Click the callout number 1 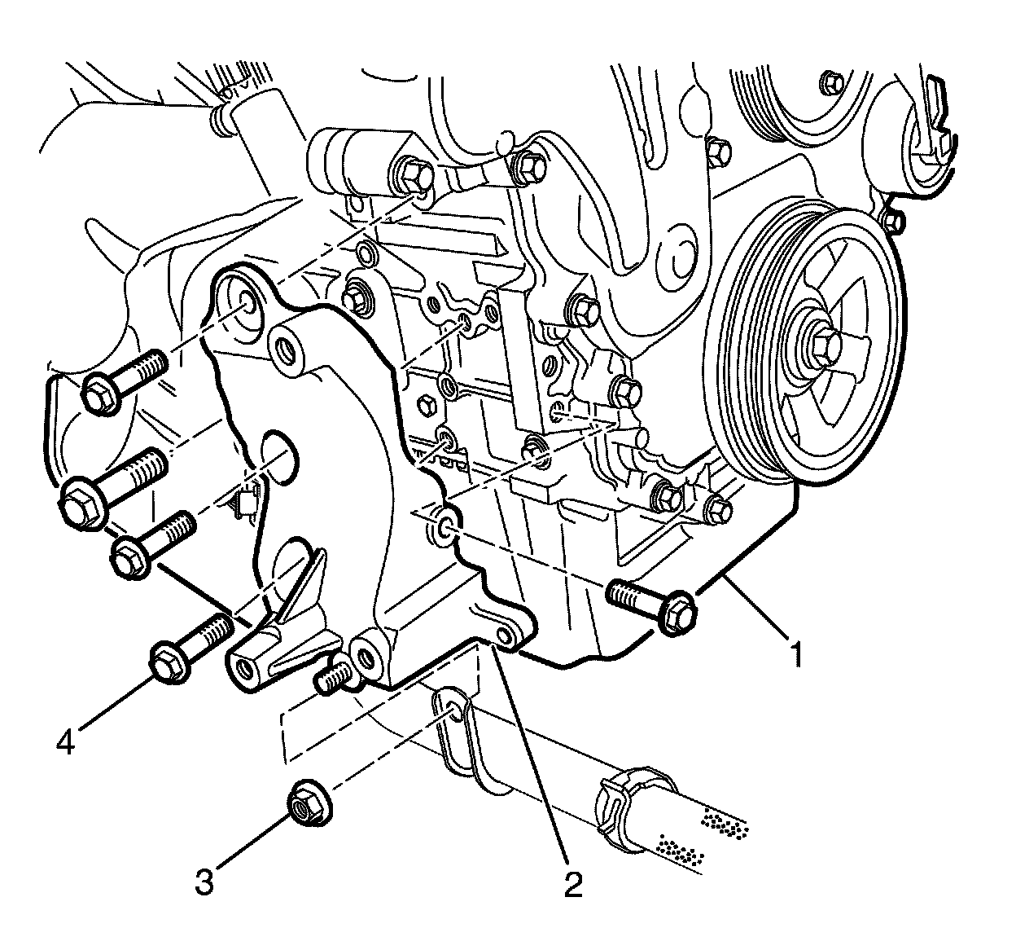coord(797,654)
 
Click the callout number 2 coord(575,883)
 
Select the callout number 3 coord(204,882)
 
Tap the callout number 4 coord(67,741)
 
